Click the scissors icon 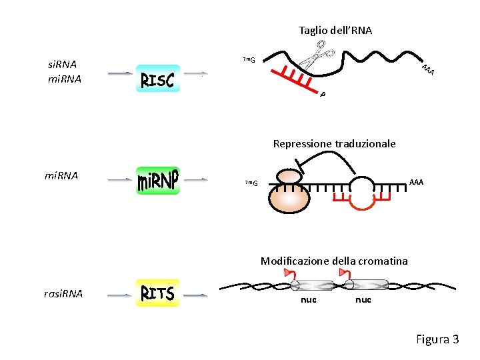click(317, 54)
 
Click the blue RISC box click(157, 79)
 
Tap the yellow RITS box click(157, 293)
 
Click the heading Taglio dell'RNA click(335, 31)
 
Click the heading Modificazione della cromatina click(334, 261)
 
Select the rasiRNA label click(63, 293)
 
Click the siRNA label click(63, 65)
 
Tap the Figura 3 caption click(437, 339)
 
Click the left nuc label click(307, 300)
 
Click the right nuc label click(363, 300)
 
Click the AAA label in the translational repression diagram click(416, 182)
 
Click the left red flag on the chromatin click(288, 273)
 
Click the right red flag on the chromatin click(344, 273)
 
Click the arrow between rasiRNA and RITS click(119, 293)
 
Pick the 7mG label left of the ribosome click(251, 183)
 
